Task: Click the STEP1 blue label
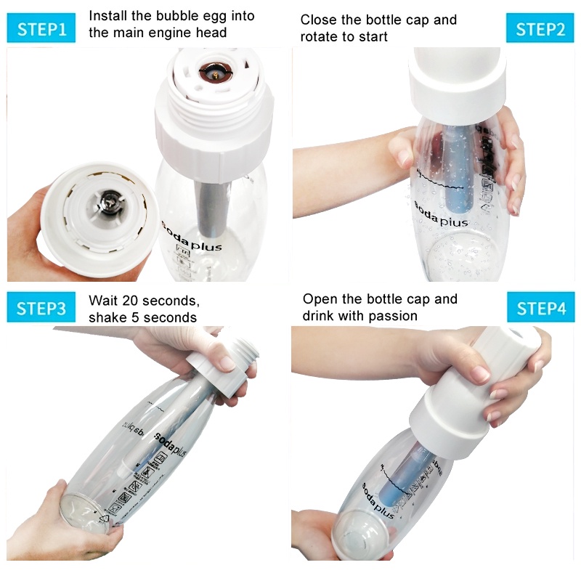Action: pyautogui.click(x=41, y=30)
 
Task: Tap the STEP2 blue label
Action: pyautogui.click(x=540, y=30)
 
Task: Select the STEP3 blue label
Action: pyautogui.click(x=41, y=308)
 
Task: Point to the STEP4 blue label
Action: pyautogui.click(x=540, y=308)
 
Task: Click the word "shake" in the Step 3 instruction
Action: pyautogui.click(x=108, y=317)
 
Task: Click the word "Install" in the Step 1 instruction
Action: pyautogui.click(x=111, y=16)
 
